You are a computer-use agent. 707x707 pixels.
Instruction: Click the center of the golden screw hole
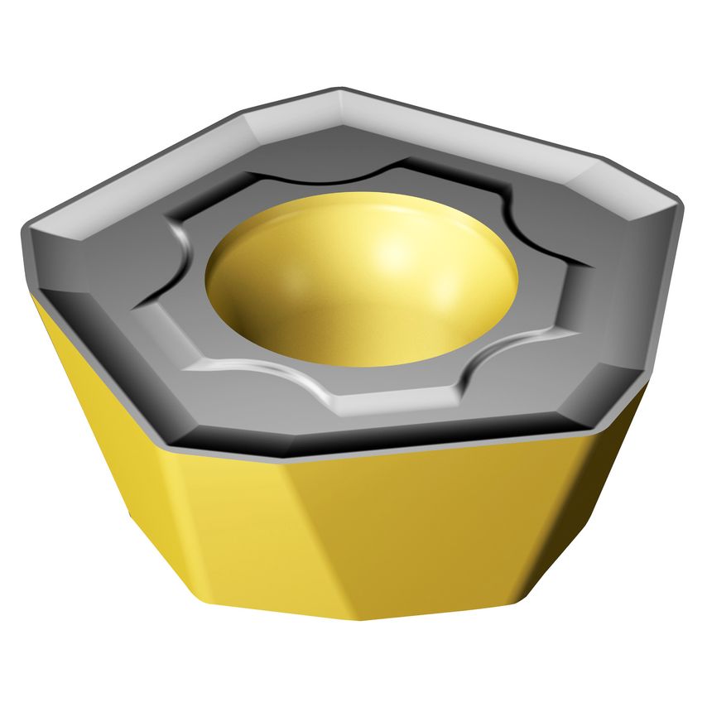[362, 277]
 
